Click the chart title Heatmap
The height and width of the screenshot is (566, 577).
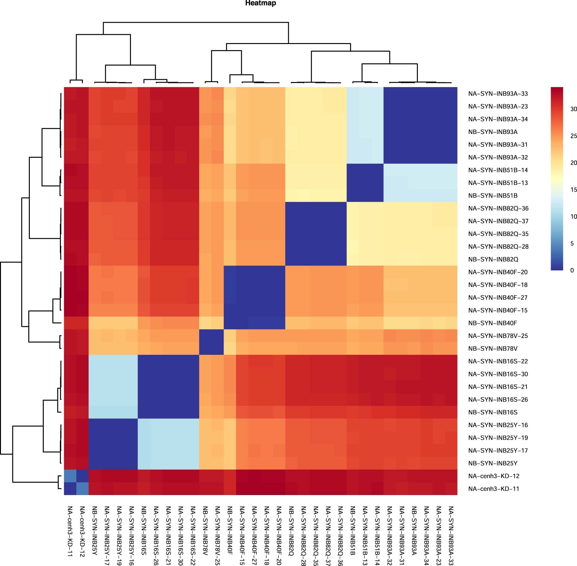point(261,3)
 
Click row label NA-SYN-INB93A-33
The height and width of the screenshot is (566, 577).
point(498,94)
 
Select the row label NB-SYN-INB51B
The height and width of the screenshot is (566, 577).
point(493,196)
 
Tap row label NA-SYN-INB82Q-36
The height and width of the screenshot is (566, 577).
point(498,208)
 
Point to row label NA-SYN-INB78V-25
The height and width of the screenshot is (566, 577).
point(498,336)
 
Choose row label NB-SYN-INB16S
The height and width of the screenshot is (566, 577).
point(493,412)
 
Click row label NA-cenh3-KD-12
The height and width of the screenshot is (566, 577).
point(494,476)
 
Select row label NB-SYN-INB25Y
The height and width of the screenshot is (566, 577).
point(493,463)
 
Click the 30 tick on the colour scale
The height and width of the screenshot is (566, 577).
point(573,109)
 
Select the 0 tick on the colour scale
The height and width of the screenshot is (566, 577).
point(572,270)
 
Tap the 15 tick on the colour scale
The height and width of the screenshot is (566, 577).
point(573,190)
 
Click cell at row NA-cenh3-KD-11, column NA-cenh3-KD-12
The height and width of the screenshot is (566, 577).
point(82,489)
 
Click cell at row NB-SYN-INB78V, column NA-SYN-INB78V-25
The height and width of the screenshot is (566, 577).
point(217,348)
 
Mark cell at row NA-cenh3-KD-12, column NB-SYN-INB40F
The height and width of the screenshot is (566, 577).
point(230,476)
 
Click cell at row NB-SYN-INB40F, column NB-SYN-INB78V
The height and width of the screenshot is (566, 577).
point(205,323)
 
